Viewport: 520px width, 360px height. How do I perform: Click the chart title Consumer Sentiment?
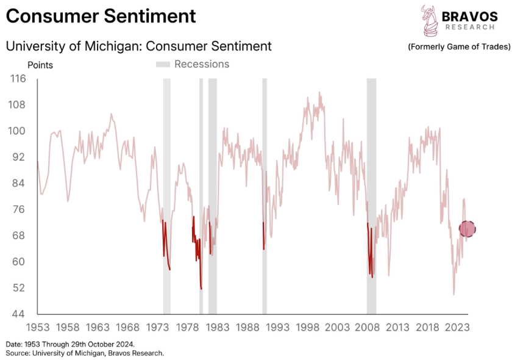(x=101, y=16)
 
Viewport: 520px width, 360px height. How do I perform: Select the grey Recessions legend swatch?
(x=163, y=64)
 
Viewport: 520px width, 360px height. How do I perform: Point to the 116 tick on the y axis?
(x=18, y=79)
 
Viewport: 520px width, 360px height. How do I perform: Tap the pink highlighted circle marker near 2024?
(x=467, y=229)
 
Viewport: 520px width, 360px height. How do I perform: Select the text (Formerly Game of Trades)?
(x=459, y=47)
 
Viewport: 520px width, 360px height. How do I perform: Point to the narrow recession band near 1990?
(x=265, y=195)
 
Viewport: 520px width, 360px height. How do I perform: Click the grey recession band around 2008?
(x=371, y=195)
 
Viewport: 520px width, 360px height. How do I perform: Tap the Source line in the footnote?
(x=85, y=353)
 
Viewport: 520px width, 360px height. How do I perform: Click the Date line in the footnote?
(x=70, y=344)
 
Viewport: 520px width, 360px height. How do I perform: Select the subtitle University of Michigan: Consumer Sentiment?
(x=138, y=46)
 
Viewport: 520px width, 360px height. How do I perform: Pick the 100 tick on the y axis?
(x=18, y=131)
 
